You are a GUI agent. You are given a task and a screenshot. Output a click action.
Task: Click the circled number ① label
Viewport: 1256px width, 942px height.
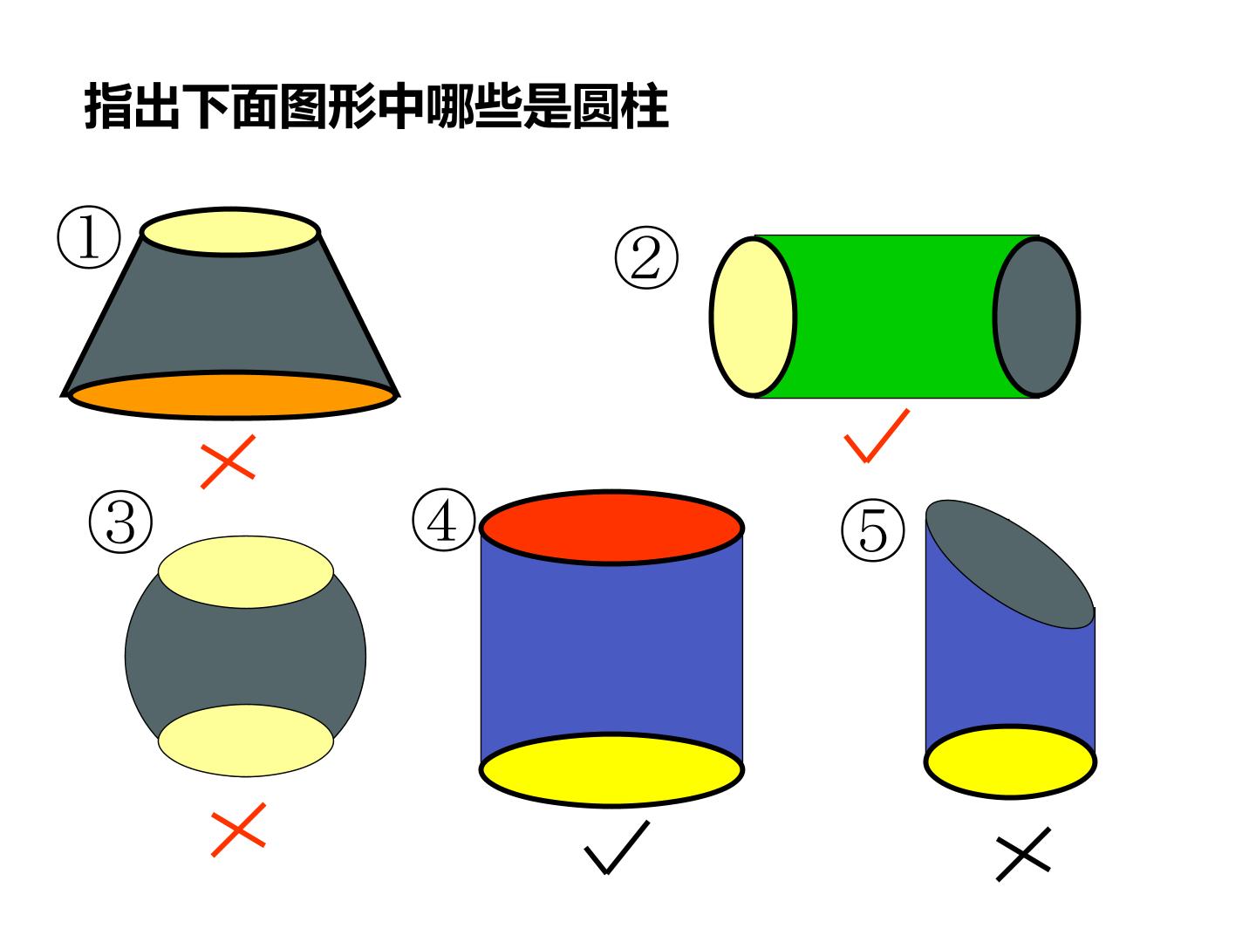coord(89,236)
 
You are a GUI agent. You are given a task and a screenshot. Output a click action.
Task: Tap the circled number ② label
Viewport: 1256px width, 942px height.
coord(646,257)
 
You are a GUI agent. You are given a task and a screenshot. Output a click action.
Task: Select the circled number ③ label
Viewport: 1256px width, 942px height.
coord(120,522)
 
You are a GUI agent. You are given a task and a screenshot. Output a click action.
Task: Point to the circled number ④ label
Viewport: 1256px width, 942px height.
coord(443,520)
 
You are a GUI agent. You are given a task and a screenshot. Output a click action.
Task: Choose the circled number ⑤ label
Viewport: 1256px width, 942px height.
coord(872,529)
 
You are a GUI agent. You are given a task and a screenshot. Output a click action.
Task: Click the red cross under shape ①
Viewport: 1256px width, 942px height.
coord(228,461)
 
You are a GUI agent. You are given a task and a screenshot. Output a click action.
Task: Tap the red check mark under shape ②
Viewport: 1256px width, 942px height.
coord(877,435)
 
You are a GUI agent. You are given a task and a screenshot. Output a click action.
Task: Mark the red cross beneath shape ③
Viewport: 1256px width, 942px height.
coord(238,829)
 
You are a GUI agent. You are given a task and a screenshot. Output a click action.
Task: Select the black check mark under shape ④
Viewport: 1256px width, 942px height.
coord(617,848)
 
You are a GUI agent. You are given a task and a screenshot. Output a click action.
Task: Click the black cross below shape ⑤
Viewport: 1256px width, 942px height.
coord(1023,854)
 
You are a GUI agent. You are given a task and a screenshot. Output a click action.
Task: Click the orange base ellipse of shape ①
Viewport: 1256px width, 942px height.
coord(232,395)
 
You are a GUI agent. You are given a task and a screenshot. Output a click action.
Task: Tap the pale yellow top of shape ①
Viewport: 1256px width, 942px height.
coord(230,232)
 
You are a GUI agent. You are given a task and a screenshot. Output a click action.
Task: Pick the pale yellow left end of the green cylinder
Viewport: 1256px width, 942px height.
coord(753,317)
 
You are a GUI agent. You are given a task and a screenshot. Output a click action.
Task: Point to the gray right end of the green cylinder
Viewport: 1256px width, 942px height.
coord(1036,317)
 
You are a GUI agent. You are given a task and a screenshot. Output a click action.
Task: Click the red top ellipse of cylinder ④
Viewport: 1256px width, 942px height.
coord(611,527)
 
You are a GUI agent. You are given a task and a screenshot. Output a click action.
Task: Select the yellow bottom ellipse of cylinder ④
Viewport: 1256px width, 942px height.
coord(611,769)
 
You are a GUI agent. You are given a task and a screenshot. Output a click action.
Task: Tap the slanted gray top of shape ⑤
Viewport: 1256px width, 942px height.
coord(1010,564)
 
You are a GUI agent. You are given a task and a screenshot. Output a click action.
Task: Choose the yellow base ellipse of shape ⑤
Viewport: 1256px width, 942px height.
coord(1010,761)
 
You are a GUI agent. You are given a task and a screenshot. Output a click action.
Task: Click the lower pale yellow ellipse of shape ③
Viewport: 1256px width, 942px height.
coord(245,741)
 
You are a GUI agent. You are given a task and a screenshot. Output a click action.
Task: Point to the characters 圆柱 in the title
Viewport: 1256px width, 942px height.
coord(620,106)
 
